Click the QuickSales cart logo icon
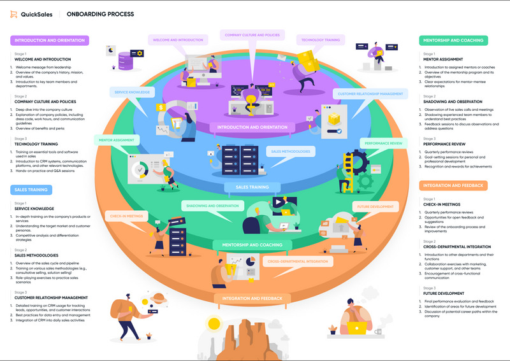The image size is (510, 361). coord(15,14)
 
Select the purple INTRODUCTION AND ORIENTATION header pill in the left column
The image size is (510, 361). coord(49,40)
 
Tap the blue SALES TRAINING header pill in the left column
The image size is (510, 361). coord(31,189)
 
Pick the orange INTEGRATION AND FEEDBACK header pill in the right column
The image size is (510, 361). coord(453,185)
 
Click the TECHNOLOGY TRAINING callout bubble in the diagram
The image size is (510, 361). coord(321,39)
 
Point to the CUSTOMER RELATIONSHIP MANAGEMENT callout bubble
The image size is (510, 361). coord(370,94)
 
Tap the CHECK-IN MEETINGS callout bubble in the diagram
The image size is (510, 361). coord(126,216)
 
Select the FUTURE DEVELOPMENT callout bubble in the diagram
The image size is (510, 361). coord(375,207)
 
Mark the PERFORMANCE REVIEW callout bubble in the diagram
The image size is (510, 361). coord(383,144)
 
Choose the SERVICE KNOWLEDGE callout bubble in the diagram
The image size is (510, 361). coord(132,92)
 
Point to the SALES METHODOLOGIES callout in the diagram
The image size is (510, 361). coord(291,152)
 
